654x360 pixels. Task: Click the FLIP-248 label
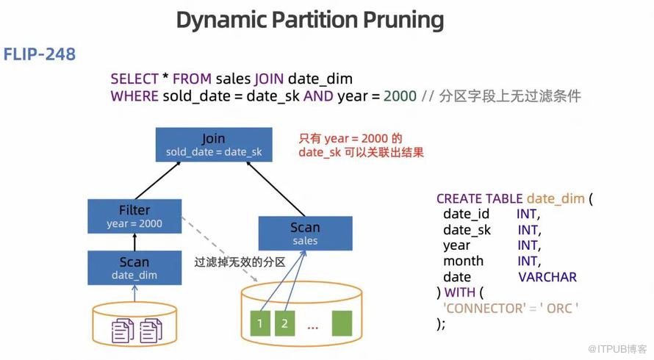40,54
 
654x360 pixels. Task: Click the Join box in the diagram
214,145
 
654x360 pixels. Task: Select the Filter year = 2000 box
134,216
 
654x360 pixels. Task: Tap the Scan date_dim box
134,267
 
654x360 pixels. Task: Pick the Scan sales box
305,233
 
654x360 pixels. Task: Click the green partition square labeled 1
259,323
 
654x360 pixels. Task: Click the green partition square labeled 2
284,323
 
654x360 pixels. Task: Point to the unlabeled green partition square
343,323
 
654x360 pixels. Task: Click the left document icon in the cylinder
123,330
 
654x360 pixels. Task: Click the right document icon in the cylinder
151,330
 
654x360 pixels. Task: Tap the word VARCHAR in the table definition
547,277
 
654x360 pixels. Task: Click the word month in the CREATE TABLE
463,261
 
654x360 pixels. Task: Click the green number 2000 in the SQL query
400,96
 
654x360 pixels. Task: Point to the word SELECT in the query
134,79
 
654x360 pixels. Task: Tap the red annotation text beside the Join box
361,145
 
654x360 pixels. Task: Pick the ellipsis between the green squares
312,325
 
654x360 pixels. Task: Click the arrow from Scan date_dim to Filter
134,242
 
